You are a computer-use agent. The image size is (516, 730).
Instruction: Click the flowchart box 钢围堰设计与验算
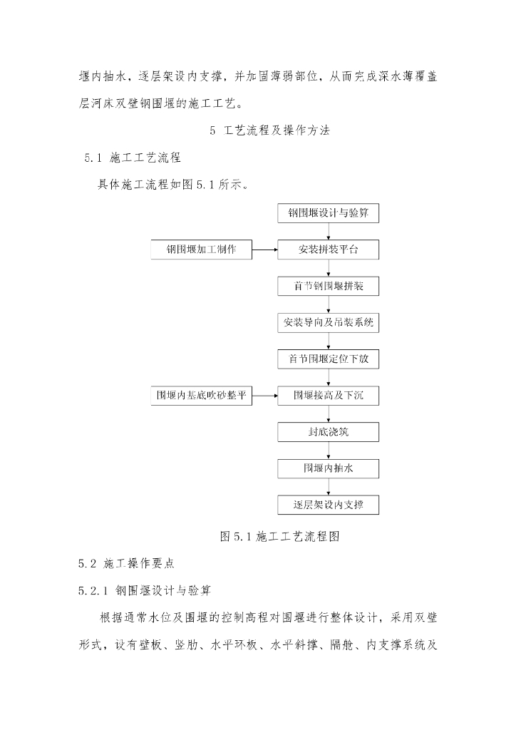(329, 212)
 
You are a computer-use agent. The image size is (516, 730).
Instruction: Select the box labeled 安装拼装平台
(329, 250)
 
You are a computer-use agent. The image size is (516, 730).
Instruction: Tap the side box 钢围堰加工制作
(201, 250)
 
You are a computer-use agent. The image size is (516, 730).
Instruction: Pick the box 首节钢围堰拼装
(329, 286)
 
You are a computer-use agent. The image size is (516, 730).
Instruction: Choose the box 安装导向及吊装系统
(329, 322)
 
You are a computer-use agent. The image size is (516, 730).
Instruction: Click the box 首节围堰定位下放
(329, 359)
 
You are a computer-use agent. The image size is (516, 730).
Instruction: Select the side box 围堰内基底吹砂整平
(201, 395)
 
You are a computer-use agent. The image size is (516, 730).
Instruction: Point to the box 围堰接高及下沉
(329, 395)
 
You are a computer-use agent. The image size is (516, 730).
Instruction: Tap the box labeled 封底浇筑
(329, 432)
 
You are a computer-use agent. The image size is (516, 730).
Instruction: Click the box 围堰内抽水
(329, 468)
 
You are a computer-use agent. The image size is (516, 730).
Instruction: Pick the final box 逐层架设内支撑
(329, 505)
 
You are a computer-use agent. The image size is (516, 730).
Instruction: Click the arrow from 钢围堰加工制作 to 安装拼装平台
(265, 250)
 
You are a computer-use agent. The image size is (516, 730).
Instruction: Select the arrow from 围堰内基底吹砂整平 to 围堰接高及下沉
(265, 395)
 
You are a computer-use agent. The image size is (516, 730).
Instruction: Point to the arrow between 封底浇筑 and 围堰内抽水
(329, 450)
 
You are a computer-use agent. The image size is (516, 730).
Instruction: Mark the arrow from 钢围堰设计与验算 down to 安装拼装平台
(329, 231)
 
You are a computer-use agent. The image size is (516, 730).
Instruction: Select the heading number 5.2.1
(93, 590)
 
